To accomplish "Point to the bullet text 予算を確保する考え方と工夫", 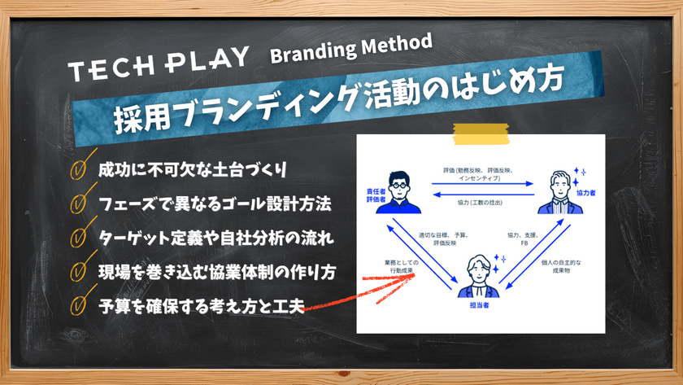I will click(200, 306).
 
